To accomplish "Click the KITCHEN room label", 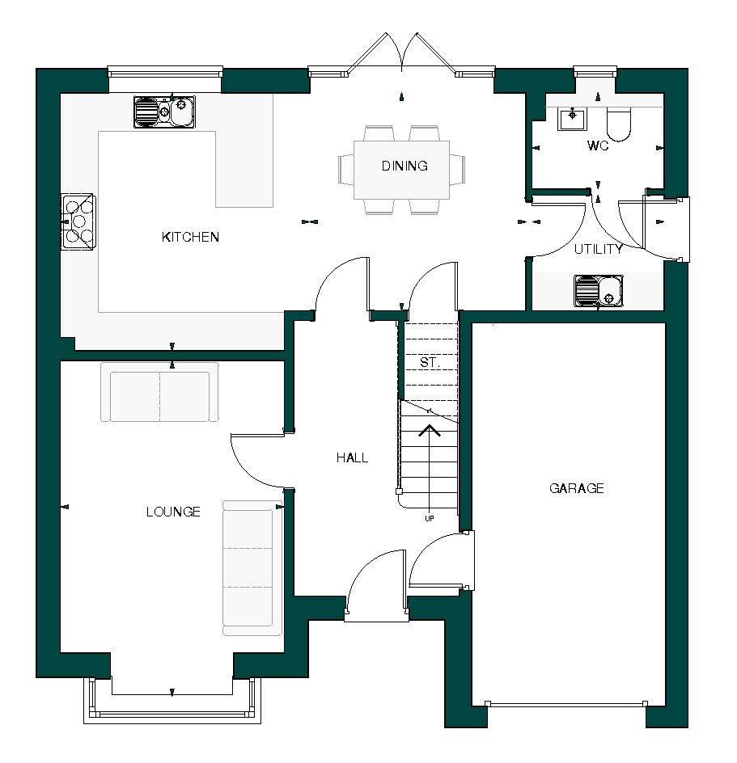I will click(x=190, y=237).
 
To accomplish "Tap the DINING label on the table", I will click(x=405, y=167).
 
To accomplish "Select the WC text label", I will click(x=598, y=147).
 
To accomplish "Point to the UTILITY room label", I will click(x=598, y=249).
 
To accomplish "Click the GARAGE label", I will click(x=577, y=488).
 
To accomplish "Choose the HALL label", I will click(x=352, y=457).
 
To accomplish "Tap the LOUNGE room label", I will click(x=173, y=512).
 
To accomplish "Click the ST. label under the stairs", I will click(x=429, y=363).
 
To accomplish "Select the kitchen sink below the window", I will click(x=164, y=112).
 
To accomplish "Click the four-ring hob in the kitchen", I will click(x=78, y=221).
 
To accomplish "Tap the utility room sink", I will click(x=599, y=291).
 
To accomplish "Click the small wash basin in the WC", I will click(x=573, y=118).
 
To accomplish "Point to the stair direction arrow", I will click(x=429, y=431).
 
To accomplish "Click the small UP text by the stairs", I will click(x=429, y=518).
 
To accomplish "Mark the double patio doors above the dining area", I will click(x=401, y=55).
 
